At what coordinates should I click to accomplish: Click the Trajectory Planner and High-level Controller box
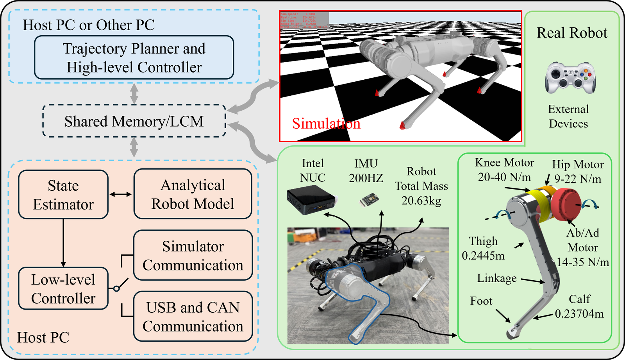[x=134, y=57]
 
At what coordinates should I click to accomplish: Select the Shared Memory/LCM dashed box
[x=134, y=121]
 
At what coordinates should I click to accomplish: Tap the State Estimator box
[x=63, y=195]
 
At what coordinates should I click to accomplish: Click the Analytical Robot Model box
[x=193, y=194]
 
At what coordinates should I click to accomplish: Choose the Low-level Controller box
[x=63, y=288]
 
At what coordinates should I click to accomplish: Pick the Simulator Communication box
[x=193, y=255]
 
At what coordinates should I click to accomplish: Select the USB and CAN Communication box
[x=193, y=317]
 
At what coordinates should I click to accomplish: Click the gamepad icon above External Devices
[x=570, y=78]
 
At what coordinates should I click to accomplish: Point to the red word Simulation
[x=326, y=124]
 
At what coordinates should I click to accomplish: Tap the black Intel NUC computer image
[x=311, y=200]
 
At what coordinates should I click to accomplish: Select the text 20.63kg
[x=421, y=201]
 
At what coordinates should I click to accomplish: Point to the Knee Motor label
[x=504, y=163]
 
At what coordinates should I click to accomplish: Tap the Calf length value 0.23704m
[x=579, y=314]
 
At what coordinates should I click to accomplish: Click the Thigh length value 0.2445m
[x=483, y=256]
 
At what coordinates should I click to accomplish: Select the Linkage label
[x=496, y=278]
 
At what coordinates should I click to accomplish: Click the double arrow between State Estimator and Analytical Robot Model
[x=121, y=194]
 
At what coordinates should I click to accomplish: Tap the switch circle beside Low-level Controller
[x=116, y=288]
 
